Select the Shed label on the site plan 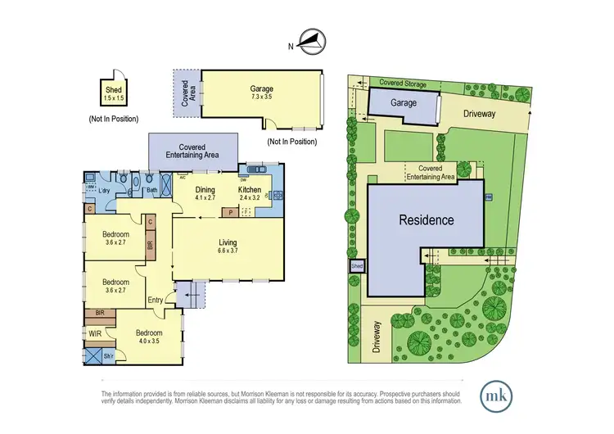tap(357, 266)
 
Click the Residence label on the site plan tap(426, 220)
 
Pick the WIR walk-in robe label tap(94, 333)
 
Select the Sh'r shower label tap(109, 357)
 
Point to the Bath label tap(151, 191)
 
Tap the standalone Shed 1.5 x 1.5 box tap(114, 92)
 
